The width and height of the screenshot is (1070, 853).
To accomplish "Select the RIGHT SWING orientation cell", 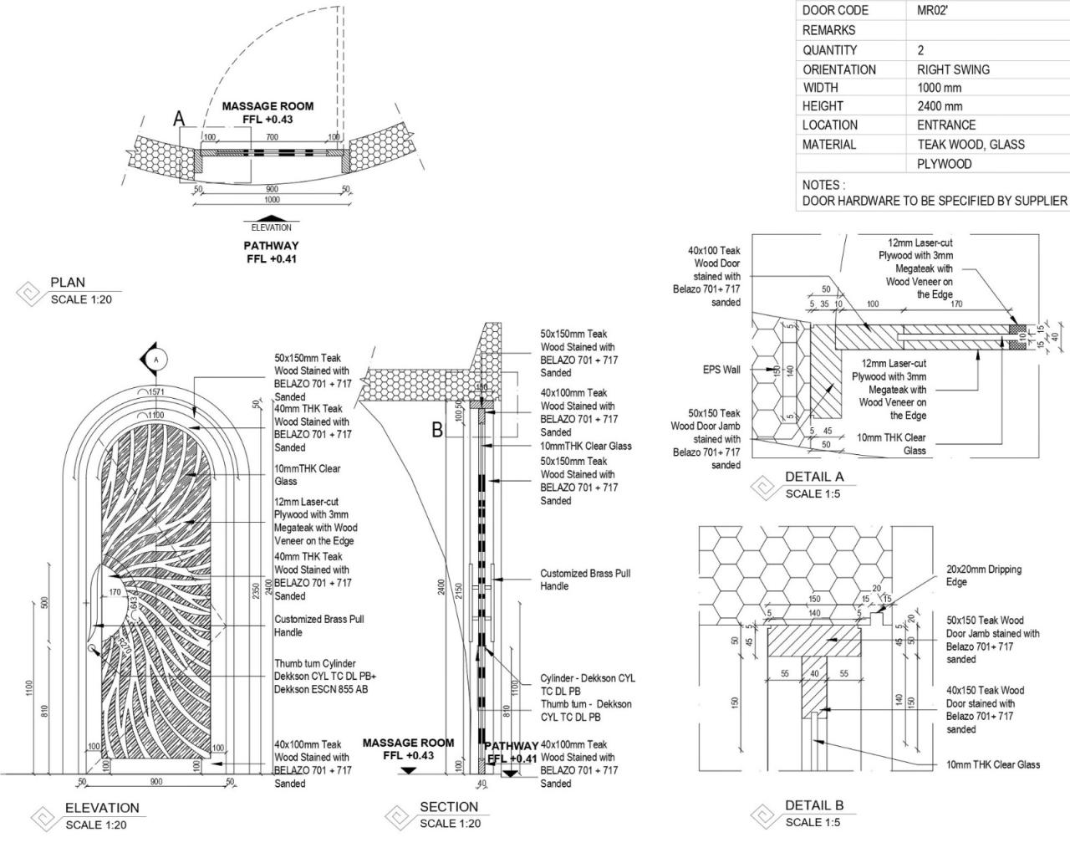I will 953,69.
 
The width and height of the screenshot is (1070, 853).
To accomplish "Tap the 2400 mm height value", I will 940,106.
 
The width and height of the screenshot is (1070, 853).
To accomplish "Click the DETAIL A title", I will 813,477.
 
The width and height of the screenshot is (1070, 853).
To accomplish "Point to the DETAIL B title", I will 813,805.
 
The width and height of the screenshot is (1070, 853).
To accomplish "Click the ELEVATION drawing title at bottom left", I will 102,808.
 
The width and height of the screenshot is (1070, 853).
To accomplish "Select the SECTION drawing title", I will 449,807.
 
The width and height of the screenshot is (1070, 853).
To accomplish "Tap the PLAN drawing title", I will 68,283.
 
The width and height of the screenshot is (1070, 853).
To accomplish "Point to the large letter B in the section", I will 436,431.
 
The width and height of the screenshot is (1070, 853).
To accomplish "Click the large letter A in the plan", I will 178,120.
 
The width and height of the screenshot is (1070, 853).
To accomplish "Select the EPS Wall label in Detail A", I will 721,369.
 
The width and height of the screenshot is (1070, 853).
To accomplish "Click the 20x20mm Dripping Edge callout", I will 983,575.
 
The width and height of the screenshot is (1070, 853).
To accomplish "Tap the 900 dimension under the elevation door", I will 155,781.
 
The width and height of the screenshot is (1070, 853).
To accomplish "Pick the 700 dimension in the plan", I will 272,137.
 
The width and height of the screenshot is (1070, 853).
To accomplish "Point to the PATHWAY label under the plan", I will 271,246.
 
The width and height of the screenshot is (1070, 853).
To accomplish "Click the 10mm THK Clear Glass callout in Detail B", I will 992,764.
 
